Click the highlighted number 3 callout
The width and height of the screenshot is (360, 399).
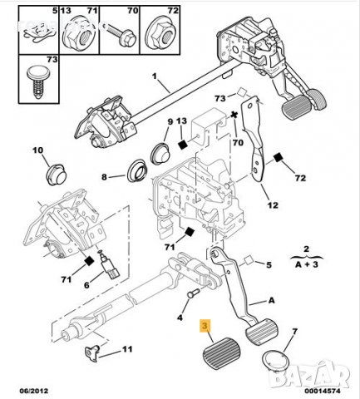point(204,328)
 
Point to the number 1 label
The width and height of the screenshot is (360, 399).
point(155,79)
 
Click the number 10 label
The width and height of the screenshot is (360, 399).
point(36,150)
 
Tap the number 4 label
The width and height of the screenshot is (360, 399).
point(179,316)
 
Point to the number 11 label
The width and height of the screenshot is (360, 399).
point(126,349)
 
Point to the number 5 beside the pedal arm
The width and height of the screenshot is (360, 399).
point(269,266)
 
